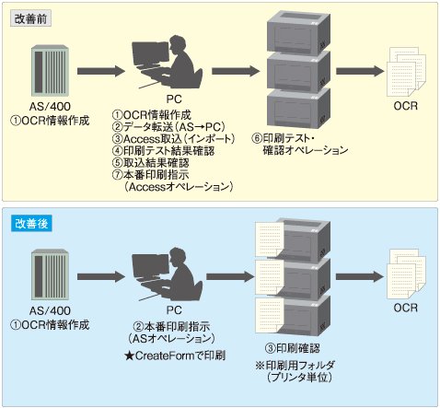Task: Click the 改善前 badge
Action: pyautogui.click(x=30, y=18)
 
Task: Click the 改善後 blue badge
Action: pyautogui.click(x=31, y=223)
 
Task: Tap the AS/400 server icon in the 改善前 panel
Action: pyautogui.click(x=50, y=71)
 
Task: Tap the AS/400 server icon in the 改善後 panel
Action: pyautogui.click(x=50, y=274)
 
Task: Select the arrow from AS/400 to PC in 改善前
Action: pyautogui.click(x=101, y=71)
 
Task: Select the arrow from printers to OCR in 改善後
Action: pyautogui.click(x=360, y=276)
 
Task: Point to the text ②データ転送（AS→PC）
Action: pyautogui.click(x=168, y=127)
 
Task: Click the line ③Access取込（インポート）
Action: pyautogui.click(x=173, y=139)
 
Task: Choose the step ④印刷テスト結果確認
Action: pyautogui.click(x=163, y=151)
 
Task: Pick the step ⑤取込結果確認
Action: pyautogui.click(x=150, y=163)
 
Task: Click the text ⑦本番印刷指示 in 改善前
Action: pyautogui.click(x=150, y=175)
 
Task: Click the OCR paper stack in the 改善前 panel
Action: pyautogui.click(x=406, y=72)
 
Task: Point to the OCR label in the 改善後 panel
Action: pyautogui.click(x=406, y=308)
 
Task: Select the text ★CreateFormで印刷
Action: pyautogui.click(x=175, y=356)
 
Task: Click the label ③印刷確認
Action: pyautogui.click(x=292, y=348)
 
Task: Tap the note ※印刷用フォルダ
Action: pyautogui.click(x=295, y=366)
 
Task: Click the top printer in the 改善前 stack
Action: pyautogui.click(x=298, y=33)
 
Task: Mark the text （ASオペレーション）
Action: pyautogui.click(x=172, y=339)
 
